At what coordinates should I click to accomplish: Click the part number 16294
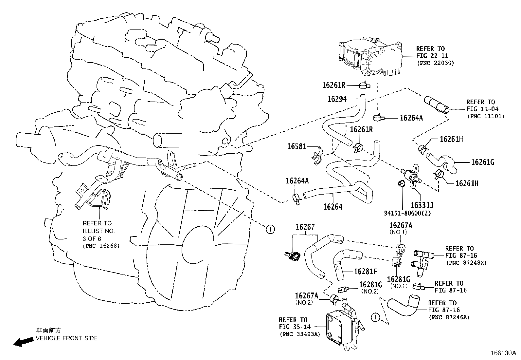[337, 99]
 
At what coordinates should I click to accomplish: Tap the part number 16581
[296, 146]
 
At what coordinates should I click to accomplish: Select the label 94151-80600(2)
[407, 213]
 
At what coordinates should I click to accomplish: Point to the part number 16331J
[422, 205]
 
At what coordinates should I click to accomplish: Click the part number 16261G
[482, 162]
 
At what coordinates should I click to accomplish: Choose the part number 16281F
[366, 271]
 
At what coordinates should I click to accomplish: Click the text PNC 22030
[436, 63]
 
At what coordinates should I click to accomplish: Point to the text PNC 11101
[486, 116]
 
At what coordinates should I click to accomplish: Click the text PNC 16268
[101, 246]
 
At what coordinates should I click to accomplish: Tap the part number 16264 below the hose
[332, 207]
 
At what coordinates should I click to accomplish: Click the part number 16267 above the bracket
[305, 227]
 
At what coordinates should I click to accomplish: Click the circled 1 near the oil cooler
[375, 317]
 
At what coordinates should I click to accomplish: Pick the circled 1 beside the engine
[270, 229]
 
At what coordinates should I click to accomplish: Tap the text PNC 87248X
[466, 263]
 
